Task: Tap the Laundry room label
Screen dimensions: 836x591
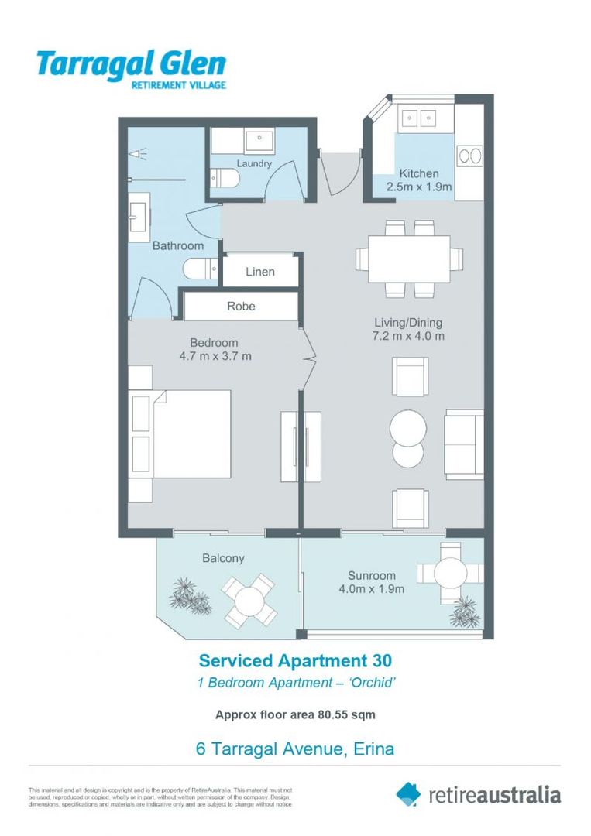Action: [x=254, y=164]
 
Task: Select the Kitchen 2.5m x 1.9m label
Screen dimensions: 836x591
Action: [x=419, y=180]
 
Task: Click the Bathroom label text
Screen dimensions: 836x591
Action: [x=177, y=245]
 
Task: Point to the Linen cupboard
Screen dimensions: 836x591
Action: [x=260, y=272]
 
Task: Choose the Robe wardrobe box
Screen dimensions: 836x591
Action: [x=240, y=307]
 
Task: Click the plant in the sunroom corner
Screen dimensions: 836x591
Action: [x=466, y=612]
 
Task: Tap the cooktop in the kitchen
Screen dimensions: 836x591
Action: [x=469, y=156]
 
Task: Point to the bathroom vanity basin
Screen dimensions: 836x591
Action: [x=139, y=216]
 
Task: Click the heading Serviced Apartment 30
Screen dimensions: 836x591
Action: [x=295, y=660]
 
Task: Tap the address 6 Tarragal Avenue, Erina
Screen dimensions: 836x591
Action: [x=295, y=749]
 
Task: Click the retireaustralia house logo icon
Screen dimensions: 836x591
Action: [x=408, y=793]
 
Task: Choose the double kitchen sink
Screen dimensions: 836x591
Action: [x=418, y=118]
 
